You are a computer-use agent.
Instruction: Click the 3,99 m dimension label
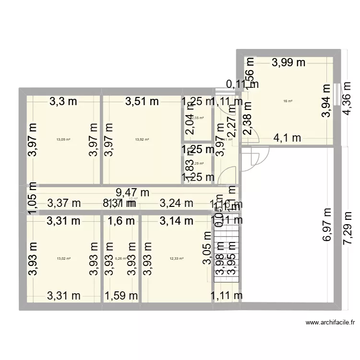pyautogui.click(x=289, y=62)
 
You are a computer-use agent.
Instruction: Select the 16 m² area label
pyautogui.click(x=288, y=101)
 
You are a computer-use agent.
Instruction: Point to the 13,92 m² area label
pyautogui.click(x=142, y=140)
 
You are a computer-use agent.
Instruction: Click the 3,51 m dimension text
pyautogui.click(x=142, y=101)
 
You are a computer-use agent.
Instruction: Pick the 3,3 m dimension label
pyautogui.click(x=63, y=101)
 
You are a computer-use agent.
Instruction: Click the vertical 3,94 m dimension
pyautogui.click(x=327, y=101)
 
